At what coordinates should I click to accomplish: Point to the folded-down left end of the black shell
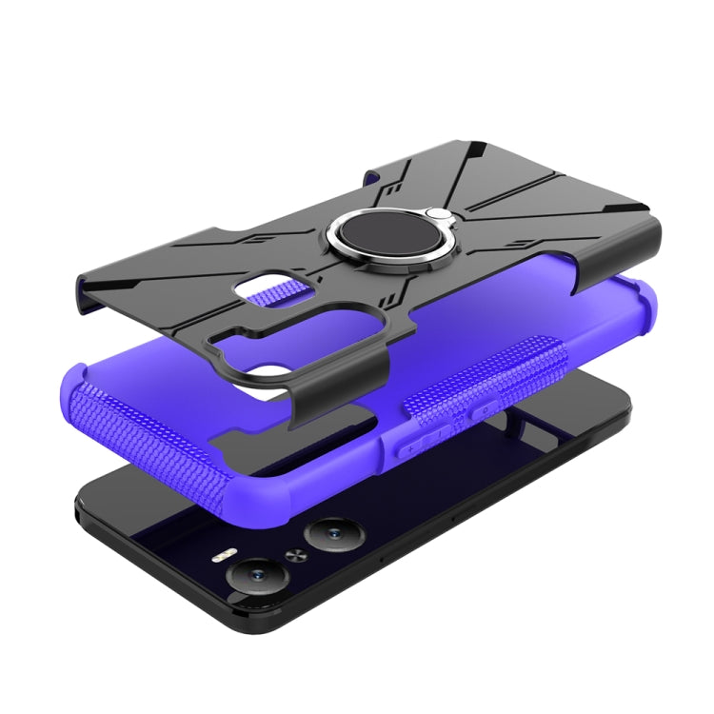click(x=90, y=287)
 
